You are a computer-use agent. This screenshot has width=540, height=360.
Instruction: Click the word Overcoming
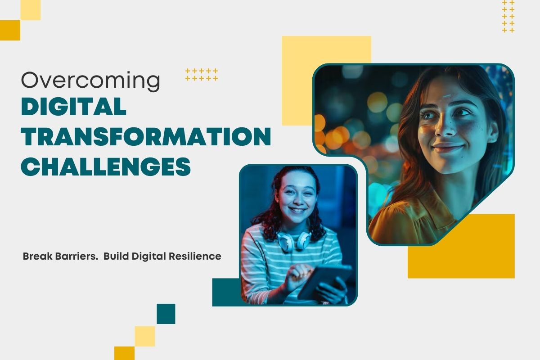pos(90,81)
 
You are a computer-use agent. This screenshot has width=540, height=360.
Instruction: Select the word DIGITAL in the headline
pos(74,107)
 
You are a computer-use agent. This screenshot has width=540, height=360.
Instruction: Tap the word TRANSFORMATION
pos(146,137)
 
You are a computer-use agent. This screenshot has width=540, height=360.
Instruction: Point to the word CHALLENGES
pos(106,166)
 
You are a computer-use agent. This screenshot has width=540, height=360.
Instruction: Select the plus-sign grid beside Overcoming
pos(202,75)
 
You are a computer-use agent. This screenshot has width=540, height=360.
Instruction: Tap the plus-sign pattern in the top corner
pos(508,17)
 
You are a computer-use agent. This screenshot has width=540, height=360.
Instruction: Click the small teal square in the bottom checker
pos(166,314)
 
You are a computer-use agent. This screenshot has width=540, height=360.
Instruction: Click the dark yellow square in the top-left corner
pos(10,30)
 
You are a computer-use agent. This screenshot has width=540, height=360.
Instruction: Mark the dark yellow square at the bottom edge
pos(124,353)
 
